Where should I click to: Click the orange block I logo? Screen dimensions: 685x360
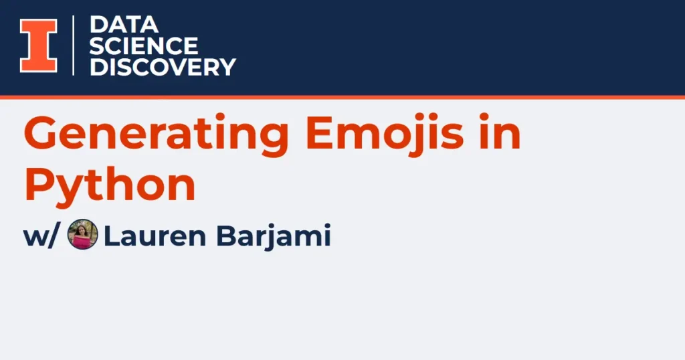tap(38, 46)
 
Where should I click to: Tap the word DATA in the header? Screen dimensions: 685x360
tap(124, 25)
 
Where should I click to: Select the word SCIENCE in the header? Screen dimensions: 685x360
tap(144, 46)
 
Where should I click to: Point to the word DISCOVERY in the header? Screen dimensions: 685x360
tap(163, 68)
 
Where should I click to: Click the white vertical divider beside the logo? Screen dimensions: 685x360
tap(73, 46)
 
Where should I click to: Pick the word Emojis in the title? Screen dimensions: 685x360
tap(385, 133)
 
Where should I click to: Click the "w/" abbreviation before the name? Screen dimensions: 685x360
tap(40, 236)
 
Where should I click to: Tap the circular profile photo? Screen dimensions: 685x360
tap(82, 234)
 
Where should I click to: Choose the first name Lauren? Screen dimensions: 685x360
tap(155, 236)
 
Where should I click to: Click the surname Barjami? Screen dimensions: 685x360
tap(274, 236)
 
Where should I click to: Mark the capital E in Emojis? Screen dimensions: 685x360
tap(320, 132)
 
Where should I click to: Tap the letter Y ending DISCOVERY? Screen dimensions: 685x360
tap(227, 68)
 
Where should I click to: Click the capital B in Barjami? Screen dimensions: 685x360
tap(226, 236)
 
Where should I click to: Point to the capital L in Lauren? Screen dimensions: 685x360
tap(112, 236)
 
